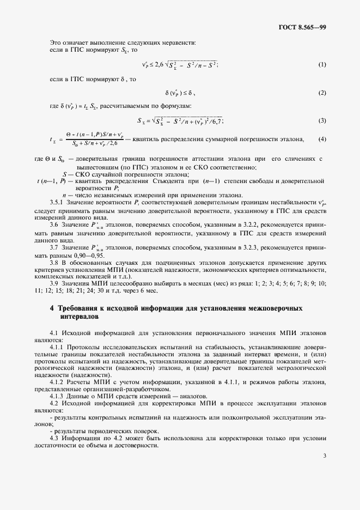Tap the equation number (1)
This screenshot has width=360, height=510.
322,65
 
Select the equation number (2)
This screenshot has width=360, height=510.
322,93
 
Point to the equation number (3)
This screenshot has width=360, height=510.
322,120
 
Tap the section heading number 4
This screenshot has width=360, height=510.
52,308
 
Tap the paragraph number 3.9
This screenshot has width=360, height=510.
54,283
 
